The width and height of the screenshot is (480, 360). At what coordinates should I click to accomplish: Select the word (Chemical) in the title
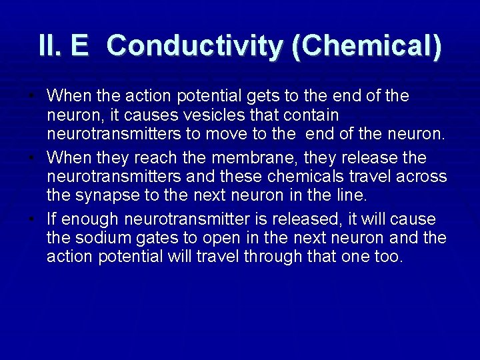[x=366, y=46]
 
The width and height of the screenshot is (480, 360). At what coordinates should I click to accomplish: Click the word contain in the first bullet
[x=313, y=115]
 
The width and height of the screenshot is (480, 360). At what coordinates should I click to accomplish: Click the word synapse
[x=103, y=195]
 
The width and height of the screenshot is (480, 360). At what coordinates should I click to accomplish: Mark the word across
[x=421, y=177]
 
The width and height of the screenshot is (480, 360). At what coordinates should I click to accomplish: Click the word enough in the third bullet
[x=90, y=219]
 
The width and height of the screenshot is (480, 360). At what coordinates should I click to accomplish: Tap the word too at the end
[x=390, y=257]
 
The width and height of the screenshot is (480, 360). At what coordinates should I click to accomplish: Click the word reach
[x=153, y=158]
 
